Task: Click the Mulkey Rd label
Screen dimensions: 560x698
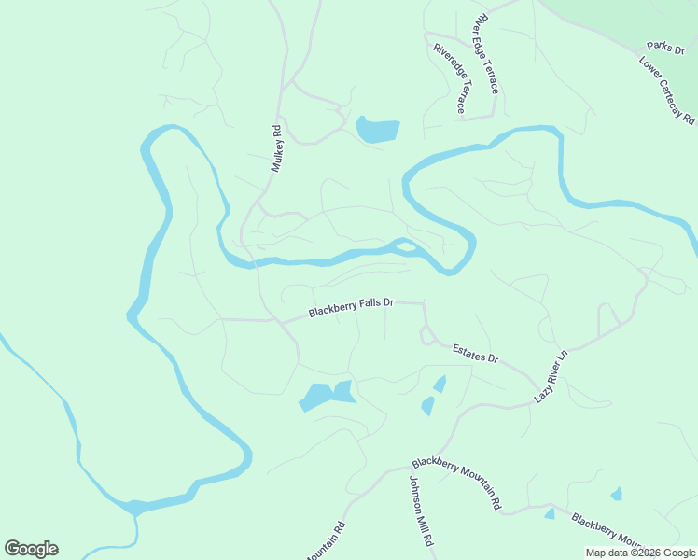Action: click(276, 148)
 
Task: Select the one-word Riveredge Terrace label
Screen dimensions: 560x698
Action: click(449, 78)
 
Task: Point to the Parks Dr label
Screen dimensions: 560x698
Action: click(666, 46)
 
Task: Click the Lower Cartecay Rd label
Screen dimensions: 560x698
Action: click(667, 91)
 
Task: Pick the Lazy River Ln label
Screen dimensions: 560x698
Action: click(551, 376)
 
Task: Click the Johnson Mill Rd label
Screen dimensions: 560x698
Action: click(421, 510)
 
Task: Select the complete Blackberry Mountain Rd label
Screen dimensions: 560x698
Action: click(457, 483)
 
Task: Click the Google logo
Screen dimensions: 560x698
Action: click(31, 549)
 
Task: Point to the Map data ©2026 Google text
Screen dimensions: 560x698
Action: click(641, 553)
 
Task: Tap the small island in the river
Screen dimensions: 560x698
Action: click(404, 245)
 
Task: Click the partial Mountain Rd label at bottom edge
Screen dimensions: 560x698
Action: click(328, 542)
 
